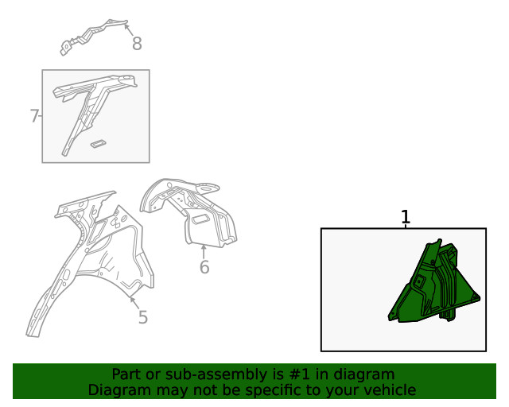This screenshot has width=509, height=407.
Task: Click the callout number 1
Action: pyautogui.click(x=406, y=217)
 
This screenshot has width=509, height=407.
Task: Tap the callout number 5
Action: pyautogui.click(x=143, y=317)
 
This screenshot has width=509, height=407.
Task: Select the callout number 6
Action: pyautogui.click(x=204, y=267)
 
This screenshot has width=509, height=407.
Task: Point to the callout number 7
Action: pyautogui.click(x=34, y=116)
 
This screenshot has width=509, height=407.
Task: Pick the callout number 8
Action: pyautogui.click(x=137, y=44)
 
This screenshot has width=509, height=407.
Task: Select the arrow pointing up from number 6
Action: pyautogui.click(x=204, y=252)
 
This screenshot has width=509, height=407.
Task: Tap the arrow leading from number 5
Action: pyautogui.click(x=135, y=303)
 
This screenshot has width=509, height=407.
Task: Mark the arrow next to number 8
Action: pyautogui.click(x=129, y=30)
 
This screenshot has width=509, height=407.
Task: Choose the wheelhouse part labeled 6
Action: pyautogui.click(x=188, y=211)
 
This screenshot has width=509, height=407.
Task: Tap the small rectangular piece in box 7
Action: pyautogui.click(x=98, y=144)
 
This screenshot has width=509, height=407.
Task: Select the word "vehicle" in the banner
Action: pyautogui.click(x=394, y=390)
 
